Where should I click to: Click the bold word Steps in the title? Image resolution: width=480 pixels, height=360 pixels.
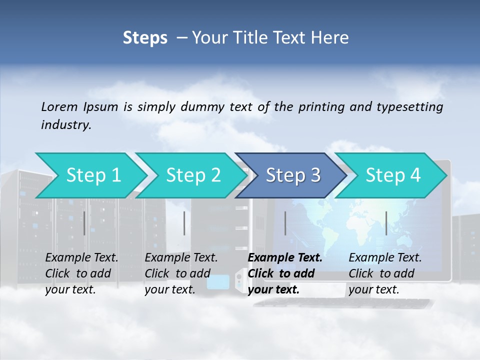coord(145,38)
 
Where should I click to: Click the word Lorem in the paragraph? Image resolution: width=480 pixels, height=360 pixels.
coord(59,106)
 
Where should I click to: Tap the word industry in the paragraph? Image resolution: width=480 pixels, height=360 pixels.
coord(65,125)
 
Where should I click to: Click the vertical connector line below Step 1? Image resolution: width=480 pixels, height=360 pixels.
coord(84,223)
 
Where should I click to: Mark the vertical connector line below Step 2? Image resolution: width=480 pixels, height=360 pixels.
coord(184,223)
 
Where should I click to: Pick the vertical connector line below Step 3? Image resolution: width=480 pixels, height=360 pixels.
coord(285,223)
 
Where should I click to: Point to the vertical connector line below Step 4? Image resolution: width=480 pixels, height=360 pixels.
coord(386,223)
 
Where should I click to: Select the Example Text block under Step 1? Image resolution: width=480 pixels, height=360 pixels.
coord(81,273)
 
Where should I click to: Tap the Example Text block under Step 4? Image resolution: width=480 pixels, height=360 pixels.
coord(385,273)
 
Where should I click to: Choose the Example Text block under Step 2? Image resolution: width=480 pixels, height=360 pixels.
coord(181,273)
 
